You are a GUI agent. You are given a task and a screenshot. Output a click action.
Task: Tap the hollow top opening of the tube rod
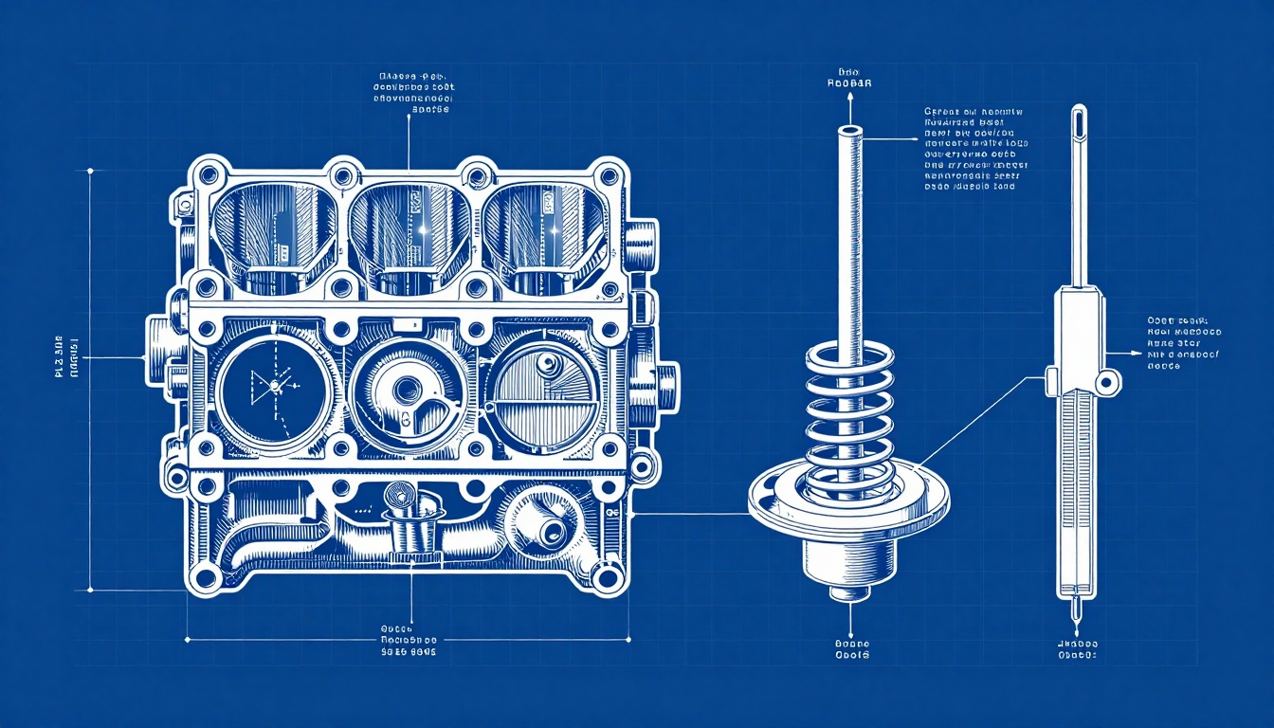coord(848,130)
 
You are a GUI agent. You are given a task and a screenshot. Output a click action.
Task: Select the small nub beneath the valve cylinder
coord(848,594)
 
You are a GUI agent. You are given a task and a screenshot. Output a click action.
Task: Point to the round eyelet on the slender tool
coord(1106,382)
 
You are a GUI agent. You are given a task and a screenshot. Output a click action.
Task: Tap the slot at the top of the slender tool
coord(1078,122)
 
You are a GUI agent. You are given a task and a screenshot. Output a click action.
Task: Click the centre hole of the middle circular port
coord(409,388)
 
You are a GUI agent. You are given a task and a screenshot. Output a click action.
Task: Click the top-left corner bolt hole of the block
coord(207,175)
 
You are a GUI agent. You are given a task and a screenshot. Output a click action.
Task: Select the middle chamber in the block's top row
coord(410,227)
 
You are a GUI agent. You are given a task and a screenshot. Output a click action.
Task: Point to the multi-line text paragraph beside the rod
coord(974,150)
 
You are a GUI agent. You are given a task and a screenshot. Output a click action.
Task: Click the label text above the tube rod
coord(849,78)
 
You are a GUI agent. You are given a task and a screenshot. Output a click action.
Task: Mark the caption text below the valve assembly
coord(848,648)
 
